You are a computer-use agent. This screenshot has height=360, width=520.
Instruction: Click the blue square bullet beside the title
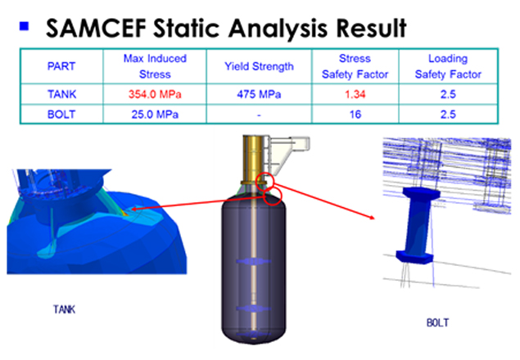coord(25,26)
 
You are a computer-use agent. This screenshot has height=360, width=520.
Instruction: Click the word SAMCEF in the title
coord(96,28)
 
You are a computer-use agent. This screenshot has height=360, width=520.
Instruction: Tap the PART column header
coord(61,66)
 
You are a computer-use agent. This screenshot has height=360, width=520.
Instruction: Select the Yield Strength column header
coord(259,66)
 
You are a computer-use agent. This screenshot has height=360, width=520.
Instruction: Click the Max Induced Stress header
coord(155,66)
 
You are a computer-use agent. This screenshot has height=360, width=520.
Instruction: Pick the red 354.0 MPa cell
coord(155,94)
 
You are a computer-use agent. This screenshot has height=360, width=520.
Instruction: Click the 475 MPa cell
coord(259,94)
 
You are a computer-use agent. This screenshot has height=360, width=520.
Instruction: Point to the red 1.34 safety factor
coord(355,94)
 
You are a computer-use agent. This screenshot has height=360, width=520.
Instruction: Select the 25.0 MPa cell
coord(155,115)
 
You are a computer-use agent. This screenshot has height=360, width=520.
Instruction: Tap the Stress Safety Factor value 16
coord(355,115)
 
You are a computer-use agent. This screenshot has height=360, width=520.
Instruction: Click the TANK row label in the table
coord(61,94)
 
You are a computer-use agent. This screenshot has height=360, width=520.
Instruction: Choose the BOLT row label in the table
coord(61,115)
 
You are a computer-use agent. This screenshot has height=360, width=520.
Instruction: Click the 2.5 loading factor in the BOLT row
coord(448,115)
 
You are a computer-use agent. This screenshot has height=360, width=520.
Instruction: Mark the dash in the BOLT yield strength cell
coord(259,115)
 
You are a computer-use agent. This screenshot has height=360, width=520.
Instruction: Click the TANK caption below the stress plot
coord(65,309)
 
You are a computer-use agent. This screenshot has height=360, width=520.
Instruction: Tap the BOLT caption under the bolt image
coord(438,322)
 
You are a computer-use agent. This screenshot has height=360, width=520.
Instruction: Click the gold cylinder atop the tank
coord(254,159)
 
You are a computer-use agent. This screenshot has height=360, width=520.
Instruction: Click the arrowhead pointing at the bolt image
coord(372,217)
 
